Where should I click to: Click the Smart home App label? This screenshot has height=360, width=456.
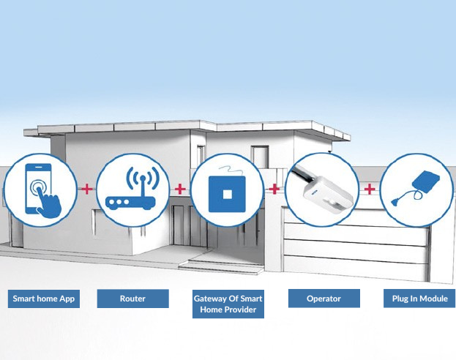coord(44,299)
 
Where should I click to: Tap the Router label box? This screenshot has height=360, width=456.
coord(133,299)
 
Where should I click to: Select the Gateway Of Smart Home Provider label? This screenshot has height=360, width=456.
coord(228,304)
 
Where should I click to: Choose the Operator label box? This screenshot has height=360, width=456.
coord(324,299)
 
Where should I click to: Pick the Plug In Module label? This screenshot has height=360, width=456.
coord(419,299)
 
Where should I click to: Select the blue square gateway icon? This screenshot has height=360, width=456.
coord(227,194)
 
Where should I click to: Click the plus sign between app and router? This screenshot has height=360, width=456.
coord(86,189)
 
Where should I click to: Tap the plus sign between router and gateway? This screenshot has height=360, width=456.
coord(180,189)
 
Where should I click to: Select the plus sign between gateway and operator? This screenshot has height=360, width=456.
coord(274,189)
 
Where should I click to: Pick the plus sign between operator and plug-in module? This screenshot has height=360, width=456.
coord(370,189)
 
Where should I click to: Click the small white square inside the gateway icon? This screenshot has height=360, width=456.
coord(227,194)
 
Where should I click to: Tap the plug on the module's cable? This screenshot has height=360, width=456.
coord(396,201)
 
